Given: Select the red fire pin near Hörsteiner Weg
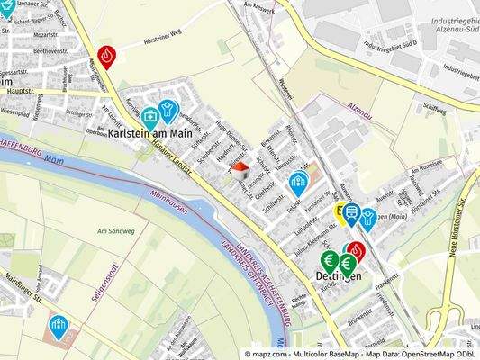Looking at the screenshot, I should [x=106, y=56].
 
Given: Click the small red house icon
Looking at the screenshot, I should [x=240, y=168].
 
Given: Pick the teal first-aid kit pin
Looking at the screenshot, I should [x=150, y=116].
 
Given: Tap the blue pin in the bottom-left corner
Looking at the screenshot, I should [x=59, y=323].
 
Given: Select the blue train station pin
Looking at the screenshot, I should [x=350, y=213].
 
